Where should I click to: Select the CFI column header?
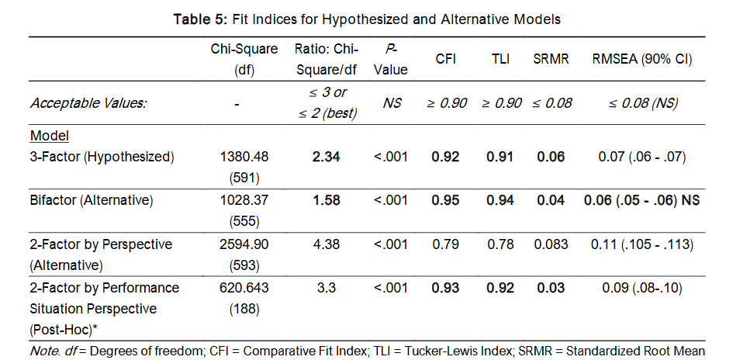tap(445, 60)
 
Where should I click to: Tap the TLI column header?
tap(500, 60)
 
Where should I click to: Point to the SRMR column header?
tap(551, 60)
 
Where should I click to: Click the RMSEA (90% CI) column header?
tap(642, 60)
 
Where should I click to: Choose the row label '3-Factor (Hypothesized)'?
tap(102, 157)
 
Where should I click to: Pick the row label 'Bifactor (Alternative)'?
tap(92, 200)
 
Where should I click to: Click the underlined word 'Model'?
tap(50, 137)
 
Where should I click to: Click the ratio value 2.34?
tap(325, 157)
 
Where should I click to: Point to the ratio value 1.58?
tap(325, 200)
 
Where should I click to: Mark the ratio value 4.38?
tap(325, 244)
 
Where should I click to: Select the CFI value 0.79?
tap(445, 244)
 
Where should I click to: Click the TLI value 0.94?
tap(500, 200)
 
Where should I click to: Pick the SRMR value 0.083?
tap(551, 244)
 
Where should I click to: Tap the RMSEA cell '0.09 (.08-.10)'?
tap(642, 287)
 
